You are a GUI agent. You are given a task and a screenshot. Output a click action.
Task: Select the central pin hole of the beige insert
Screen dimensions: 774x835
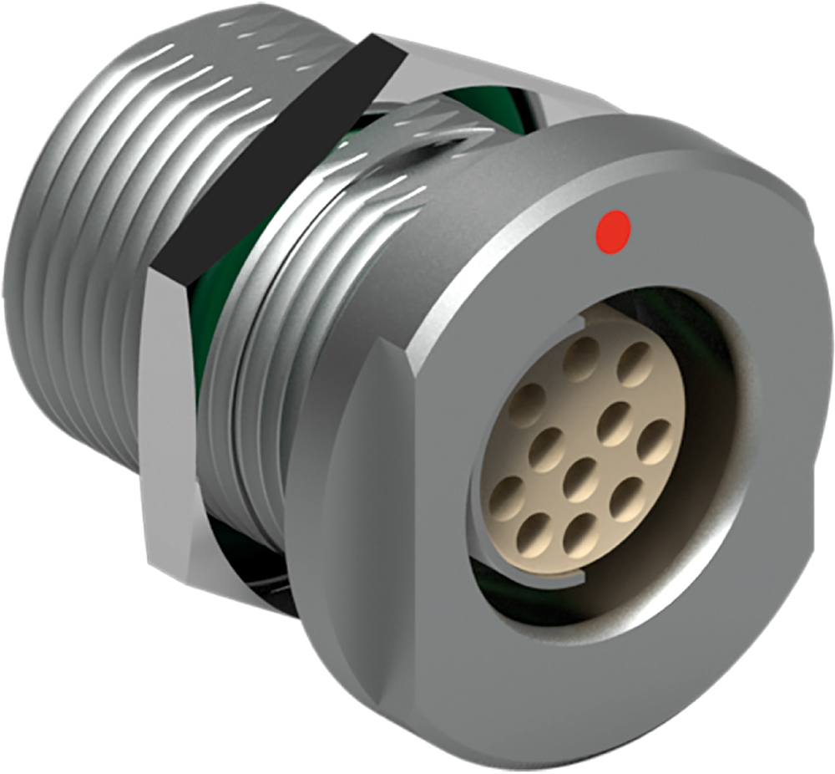[x=579, y=478]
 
